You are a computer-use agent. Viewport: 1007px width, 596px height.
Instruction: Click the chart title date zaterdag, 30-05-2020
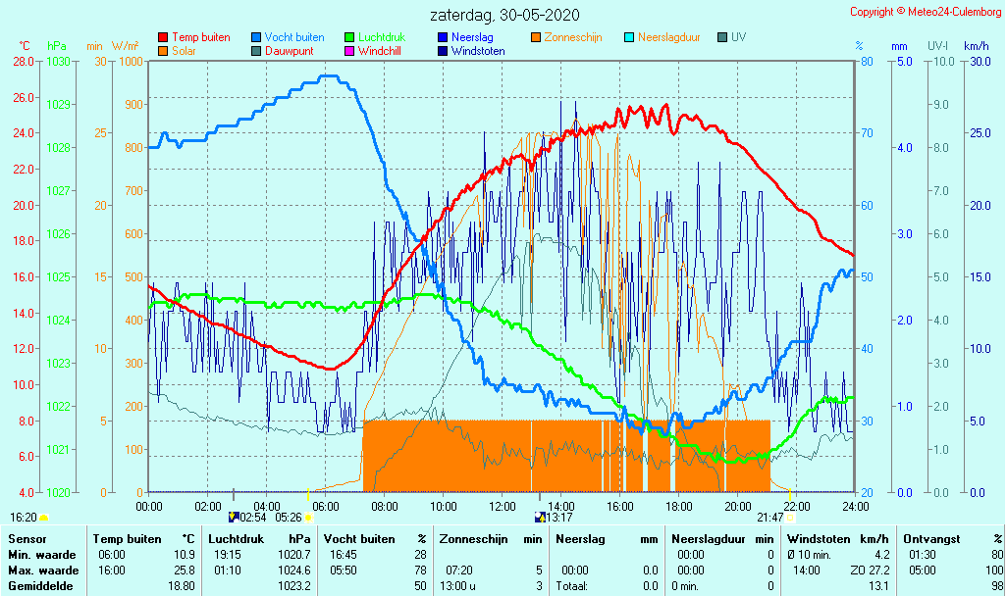click(504, 16)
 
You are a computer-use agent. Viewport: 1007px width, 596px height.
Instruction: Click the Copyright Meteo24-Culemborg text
click(926, 12)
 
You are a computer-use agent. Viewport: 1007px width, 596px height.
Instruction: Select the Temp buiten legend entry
click(200, 37)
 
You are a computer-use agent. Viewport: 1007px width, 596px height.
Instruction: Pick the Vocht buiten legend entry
click(293, 37)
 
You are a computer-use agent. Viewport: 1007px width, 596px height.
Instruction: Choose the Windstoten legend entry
click(478, 51)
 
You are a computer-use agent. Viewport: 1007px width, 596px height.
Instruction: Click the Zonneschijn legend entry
click(573, 37)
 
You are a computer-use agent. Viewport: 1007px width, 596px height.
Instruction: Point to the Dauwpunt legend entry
click(289, 51)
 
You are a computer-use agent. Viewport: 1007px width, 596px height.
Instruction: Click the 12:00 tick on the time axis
click(503, 506)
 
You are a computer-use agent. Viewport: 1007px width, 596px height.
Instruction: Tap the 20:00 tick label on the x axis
click(738, 506)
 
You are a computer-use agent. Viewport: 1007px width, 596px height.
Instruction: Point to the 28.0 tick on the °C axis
click(24, 61)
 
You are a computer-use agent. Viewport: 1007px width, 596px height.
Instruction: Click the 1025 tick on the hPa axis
click(58, 276)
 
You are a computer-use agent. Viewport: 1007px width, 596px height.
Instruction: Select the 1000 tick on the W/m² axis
click(131, 61)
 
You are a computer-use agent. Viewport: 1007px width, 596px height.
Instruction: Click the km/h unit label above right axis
click(976, 46)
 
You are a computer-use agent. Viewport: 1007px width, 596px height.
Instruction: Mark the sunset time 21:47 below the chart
click(769, 518)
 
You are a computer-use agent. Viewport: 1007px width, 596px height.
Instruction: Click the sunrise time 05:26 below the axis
click(289, 518)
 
